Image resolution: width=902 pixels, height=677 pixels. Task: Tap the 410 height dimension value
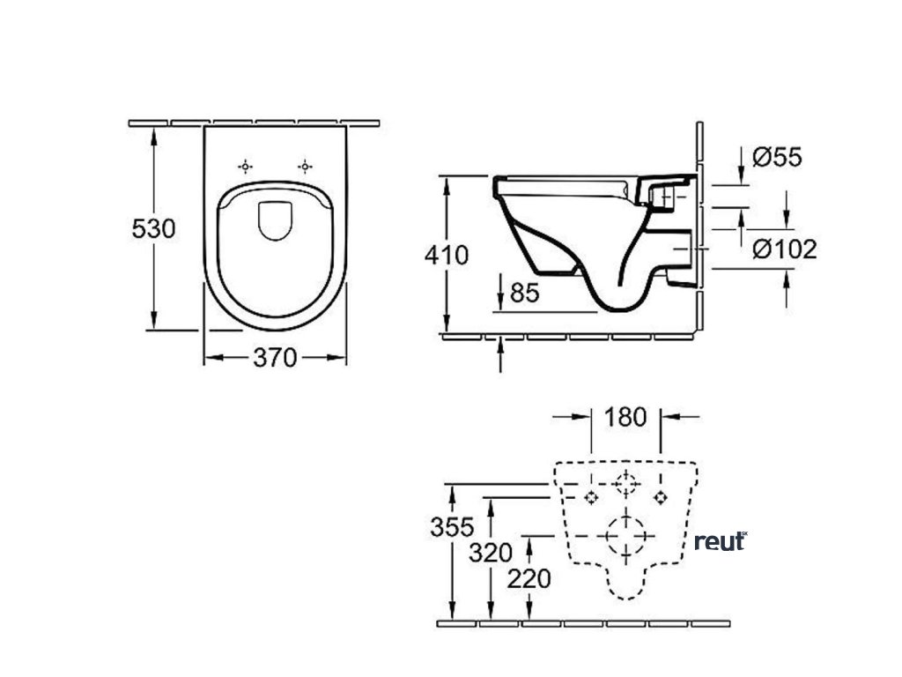447,256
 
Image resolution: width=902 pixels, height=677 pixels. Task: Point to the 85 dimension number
524,292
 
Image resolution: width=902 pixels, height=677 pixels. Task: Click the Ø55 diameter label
778,158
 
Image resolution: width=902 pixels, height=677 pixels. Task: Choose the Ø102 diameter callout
785,249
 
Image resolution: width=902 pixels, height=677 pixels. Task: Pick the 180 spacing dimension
626,416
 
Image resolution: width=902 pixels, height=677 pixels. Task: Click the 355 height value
452,528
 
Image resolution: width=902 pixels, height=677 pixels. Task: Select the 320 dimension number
490,553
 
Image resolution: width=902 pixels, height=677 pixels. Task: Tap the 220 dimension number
529,579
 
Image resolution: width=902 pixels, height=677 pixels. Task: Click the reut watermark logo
721,541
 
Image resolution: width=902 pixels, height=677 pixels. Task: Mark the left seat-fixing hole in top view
246,166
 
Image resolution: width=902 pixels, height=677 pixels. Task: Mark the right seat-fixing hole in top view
305,166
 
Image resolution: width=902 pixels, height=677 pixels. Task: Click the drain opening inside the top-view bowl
276,221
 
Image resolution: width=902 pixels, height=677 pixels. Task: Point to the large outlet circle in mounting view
626,534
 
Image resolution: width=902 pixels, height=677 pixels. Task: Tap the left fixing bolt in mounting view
590,498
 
